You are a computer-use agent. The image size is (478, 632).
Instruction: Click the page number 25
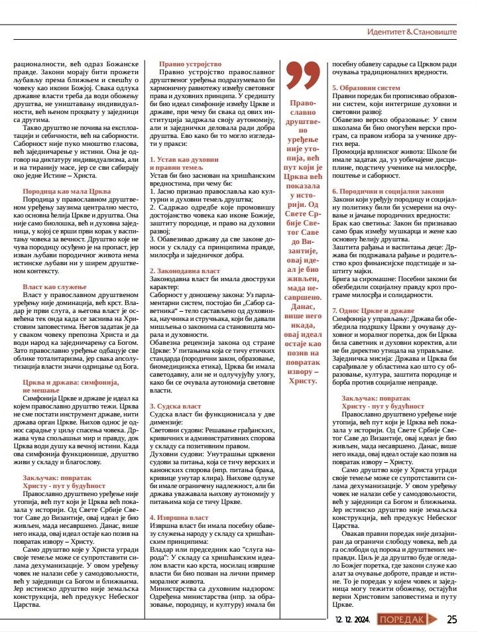[452, 619]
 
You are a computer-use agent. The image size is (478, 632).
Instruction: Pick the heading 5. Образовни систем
[366, 88]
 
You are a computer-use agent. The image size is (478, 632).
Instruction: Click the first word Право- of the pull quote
[303, 104]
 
